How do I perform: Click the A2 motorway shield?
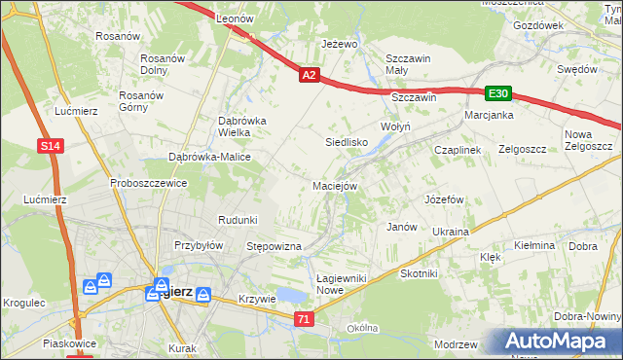tap(309, 74)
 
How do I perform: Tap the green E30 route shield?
tap(498, 93)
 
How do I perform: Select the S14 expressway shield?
tap(52, 146)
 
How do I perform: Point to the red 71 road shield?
tap(305, 319)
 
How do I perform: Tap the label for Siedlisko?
tap(346, 142)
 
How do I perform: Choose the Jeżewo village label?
tap(340, 45)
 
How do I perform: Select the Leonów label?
tap(235, 18)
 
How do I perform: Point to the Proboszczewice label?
tap(148, 183)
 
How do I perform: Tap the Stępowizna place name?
tap(275, 247)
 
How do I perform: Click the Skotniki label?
tap(419, 273)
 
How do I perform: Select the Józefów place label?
tap(443, 198)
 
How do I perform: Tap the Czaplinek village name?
tap(458, 150)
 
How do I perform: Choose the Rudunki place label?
tap(238, 220)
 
